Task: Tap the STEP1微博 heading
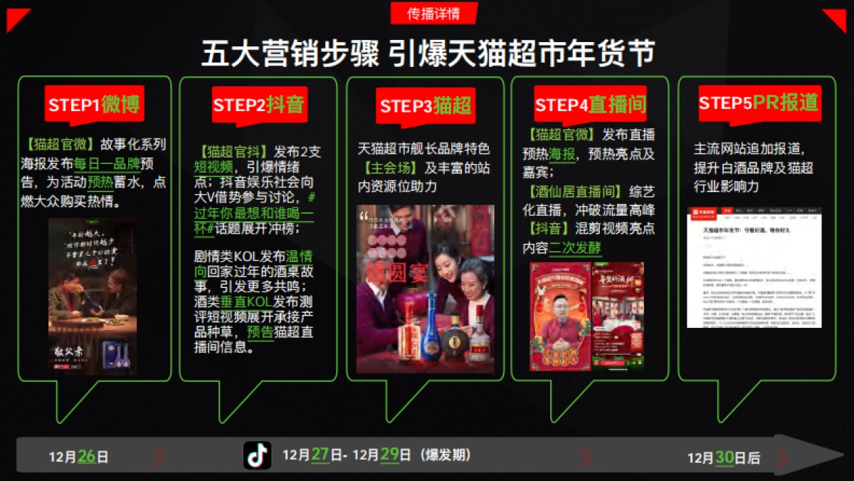point(95,105)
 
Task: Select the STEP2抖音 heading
point(258,105)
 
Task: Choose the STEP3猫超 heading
point(426,106)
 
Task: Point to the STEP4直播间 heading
point(590,105)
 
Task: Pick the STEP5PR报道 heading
point(758,103)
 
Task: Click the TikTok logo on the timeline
point(258,455)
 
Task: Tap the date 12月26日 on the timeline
point(78,457)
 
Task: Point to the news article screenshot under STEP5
point(754,267)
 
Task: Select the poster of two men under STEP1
point(93,296)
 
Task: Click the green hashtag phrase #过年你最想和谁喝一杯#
point(254,212)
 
